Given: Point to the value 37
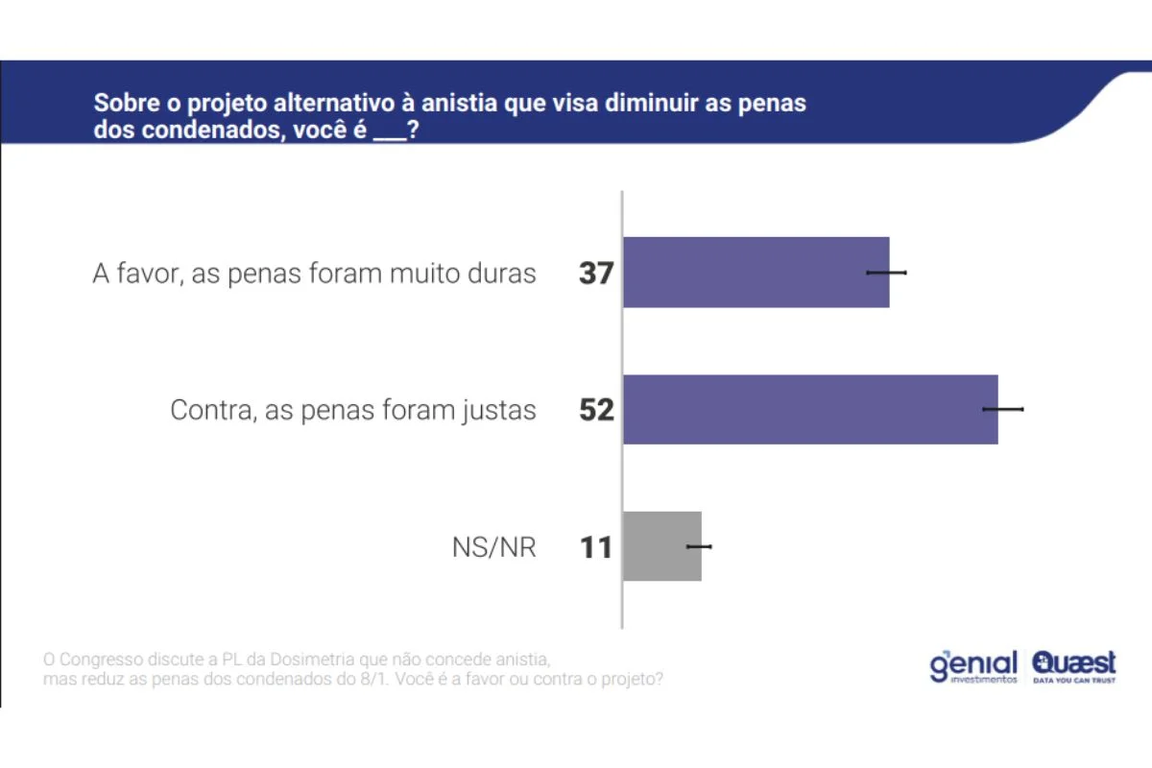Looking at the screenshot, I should coord(595,274).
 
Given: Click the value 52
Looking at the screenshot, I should coord(595,411).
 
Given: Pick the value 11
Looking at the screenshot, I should coord(595,548).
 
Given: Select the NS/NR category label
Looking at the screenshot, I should coord(493,548).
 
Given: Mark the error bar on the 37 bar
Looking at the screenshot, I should coord(886,273).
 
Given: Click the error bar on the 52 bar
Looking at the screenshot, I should coord(1003,409).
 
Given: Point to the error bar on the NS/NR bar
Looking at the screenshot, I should coord(699,546).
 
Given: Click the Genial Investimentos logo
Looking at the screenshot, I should coord(972,666).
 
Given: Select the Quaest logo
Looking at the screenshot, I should coord(1074,666).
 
